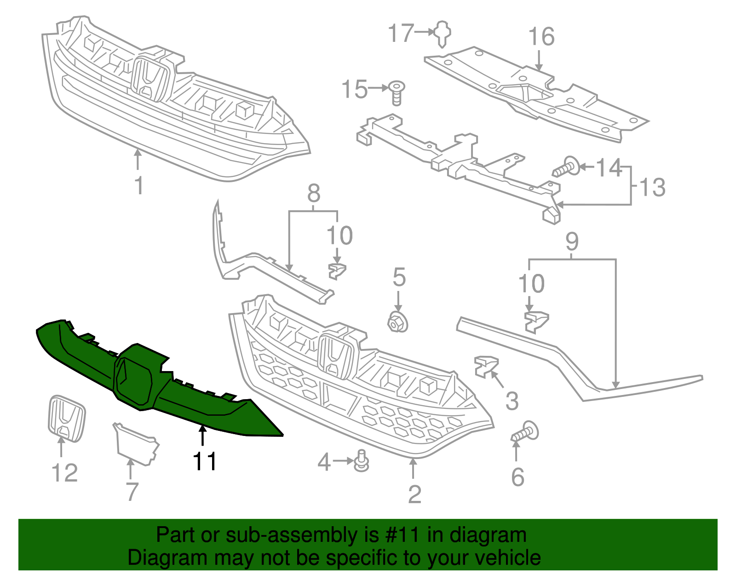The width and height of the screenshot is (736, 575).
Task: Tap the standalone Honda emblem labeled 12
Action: point(67,418)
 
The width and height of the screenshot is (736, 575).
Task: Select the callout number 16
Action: point(541,37)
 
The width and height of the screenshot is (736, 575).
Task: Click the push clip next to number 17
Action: point(443,33)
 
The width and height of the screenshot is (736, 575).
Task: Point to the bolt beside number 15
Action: point(396,92)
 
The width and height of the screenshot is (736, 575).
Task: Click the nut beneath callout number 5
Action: point(398,322)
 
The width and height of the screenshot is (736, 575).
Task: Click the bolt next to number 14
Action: point(566,168)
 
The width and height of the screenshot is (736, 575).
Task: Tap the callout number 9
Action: point(571,241)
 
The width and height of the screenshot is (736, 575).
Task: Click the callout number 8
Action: point(314,193)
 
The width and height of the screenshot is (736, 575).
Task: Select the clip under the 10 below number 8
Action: point(337,271)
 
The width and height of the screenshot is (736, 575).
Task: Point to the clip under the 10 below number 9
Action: point(536,321)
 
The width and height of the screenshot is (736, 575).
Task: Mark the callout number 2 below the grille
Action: point(414,494)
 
